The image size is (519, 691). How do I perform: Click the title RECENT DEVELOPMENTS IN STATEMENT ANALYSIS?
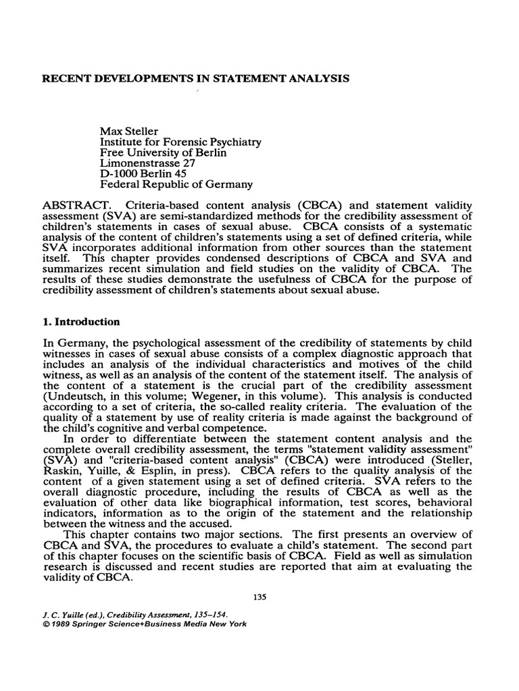point(196,79)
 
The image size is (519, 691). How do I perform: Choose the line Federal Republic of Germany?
point(176,184)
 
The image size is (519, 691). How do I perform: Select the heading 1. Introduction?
point(82,321)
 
